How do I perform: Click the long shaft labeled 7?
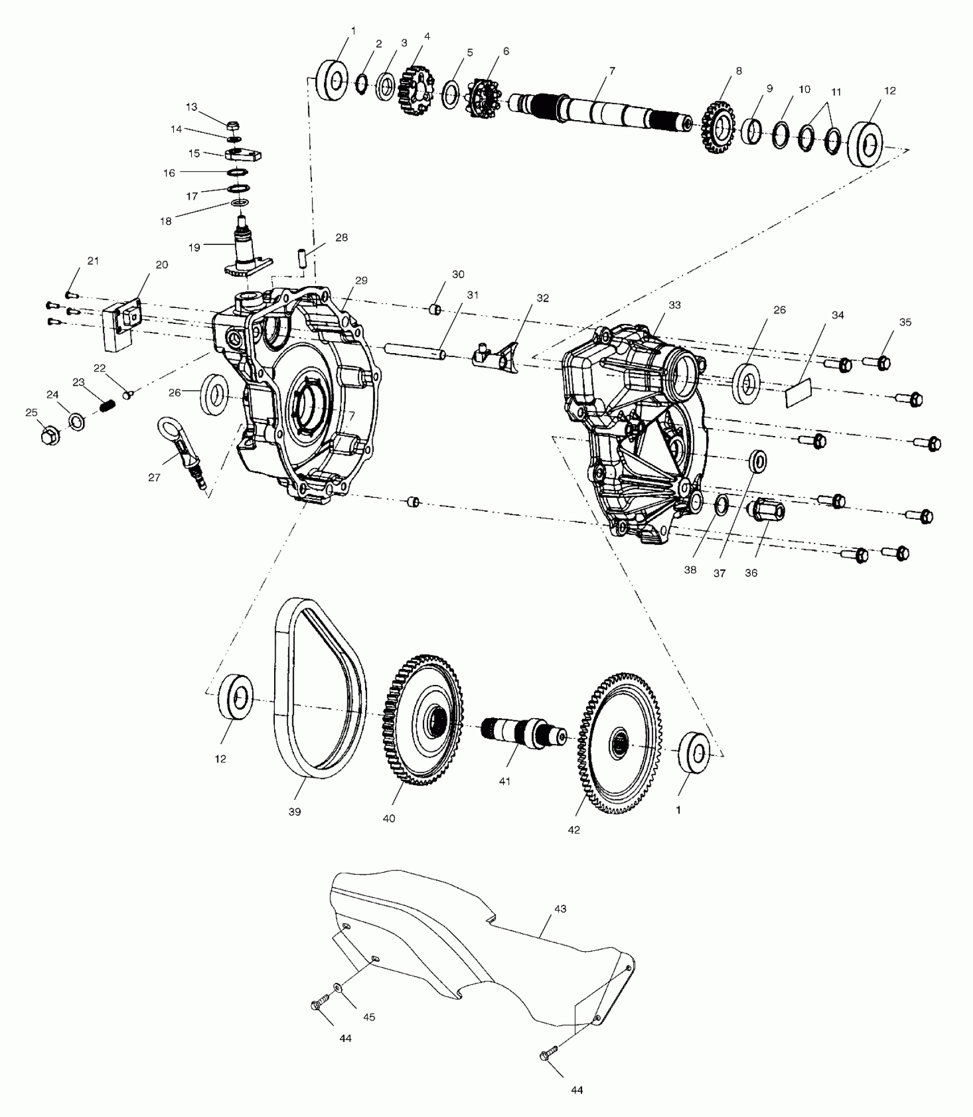[x=601, y=109]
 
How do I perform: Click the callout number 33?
[x=675, y=305]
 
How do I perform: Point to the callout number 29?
[x=361, y=280]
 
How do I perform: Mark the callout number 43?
[x=560, y=909]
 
